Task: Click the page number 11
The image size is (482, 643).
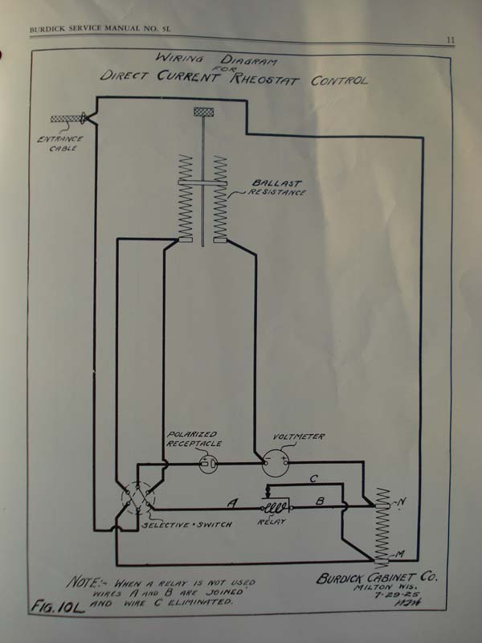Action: [451, 39]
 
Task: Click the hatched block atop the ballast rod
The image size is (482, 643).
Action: [202, 111]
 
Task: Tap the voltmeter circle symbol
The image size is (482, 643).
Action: [276, 462]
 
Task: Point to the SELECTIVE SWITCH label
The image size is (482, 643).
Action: [186, 524]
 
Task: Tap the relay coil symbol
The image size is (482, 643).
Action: [277, 508]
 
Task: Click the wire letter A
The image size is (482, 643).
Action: [231, 504]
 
